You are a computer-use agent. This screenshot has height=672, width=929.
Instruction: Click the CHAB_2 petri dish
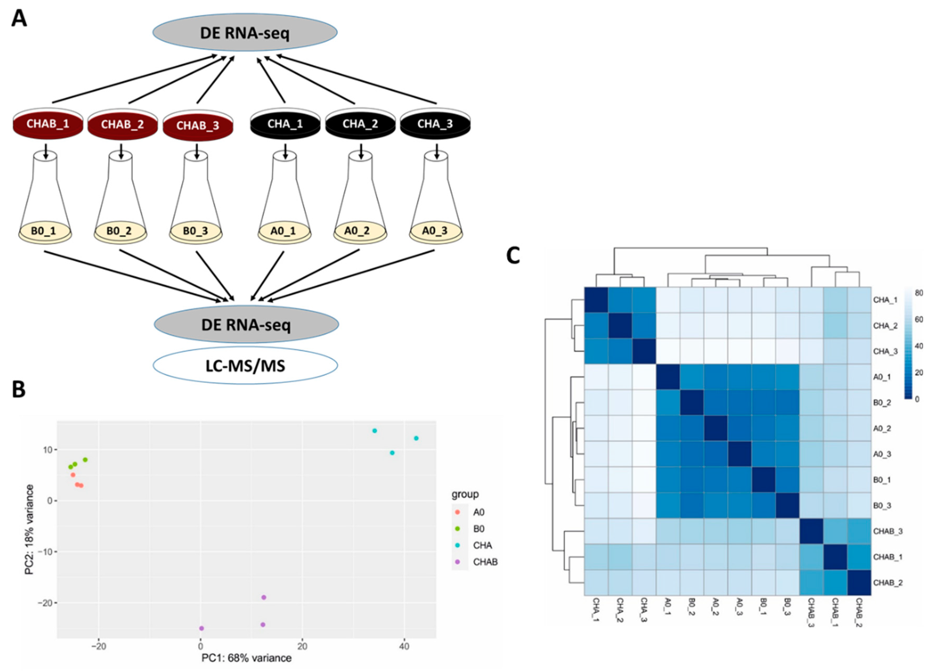(122, 124)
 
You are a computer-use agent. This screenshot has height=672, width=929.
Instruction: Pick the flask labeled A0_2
(360, 197)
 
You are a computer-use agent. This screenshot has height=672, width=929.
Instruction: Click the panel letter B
(18, 390)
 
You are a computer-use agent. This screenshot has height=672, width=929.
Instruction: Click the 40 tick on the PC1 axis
(404, 647)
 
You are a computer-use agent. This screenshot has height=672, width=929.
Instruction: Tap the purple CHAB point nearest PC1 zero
(201, 628)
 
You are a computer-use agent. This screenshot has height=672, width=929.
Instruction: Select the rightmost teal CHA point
(416, 438)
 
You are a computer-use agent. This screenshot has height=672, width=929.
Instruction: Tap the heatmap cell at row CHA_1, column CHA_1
(596, 300)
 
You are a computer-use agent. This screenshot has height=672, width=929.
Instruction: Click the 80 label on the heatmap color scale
(919, 293)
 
